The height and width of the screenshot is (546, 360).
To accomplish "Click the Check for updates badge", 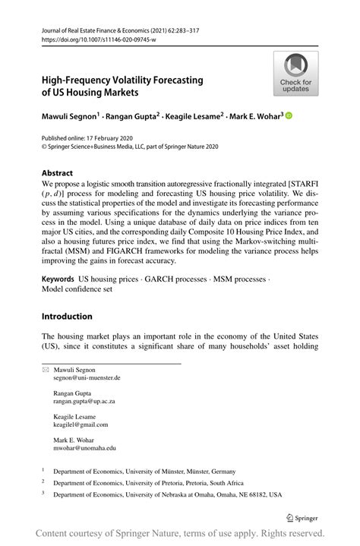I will (296, 74).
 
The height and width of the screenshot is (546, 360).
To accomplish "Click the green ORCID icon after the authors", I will (289, 116).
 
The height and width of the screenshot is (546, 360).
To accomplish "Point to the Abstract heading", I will (58, 172).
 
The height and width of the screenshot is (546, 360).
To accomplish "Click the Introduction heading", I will (67, 316).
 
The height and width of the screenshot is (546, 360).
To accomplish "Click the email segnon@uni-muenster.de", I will (87, 377).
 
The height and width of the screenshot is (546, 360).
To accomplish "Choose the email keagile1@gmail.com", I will (81, 424).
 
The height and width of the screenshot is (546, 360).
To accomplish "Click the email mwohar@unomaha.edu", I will (84, 448).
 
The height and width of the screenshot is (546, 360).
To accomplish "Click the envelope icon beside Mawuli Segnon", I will (45, 368).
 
